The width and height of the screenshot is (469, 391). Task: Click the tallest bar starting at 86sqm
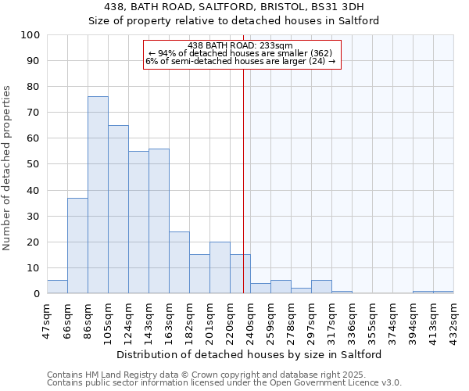coord(98,195)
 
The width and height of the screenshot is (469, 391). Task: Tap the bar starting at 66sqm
coord(77,246)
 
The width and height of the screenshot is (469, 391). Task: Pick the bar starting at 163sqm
coord(179,262)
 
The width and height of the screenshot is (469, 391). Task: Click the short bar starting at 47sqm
coord(57,287)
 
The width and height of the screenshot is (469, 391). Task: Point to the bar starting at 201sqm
coord(220,267)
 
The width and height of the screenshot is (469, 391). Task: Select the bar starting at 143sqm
coord(159,221)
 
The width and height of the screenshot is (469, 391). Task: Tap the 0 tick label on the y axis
coord(37,294)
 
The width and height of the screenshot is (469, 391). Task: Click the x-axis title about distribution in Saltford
coord(250,354)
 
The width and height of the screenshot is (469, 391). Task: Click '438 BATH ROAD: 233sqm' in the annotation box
coord(241,45)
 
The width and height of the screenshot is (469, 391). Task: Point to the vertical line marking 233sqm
coord(243,195)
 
